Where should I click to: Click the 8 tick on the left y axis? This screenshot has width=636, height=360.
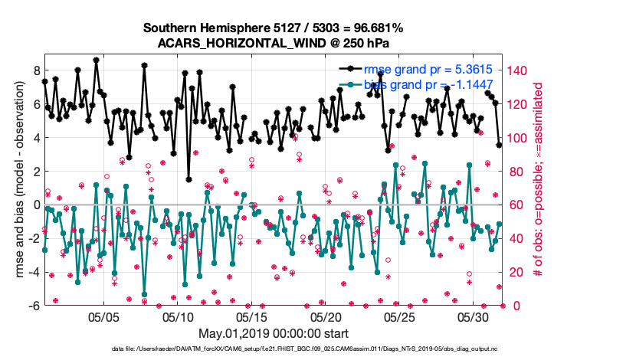pos(34,70)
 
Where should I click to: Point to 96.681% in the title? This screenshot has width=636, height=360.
pos(375,28)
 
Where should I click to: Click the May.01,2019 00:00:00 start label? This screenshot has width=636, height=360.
pos(273,333)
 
